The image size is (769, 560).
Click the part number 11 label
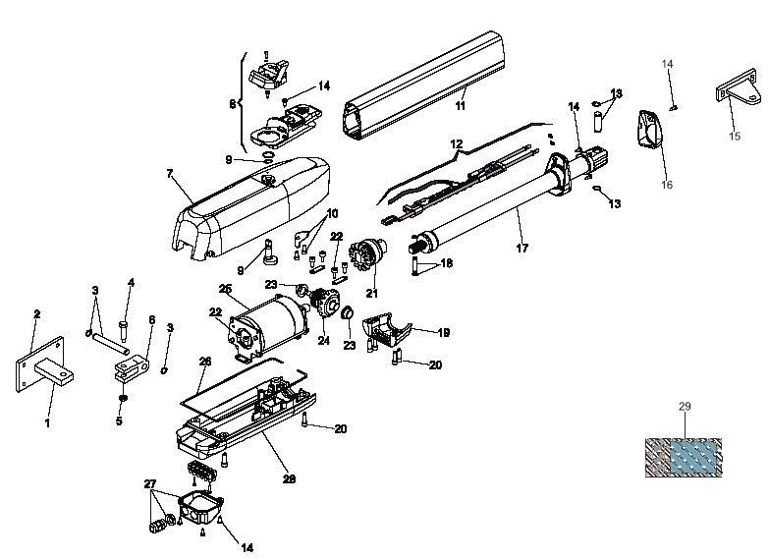(x=460, y=105)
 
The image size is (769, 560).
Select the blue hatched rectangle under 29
(x=694, y=457)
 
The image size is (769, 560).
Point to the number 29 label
(x=685, y=407)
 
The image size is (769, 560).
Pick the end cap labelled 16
(x=649, y=129)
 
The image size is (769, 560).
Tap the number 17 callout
(x=522, y=249)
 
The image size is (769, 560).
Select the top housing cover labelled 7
(x=251, y=207)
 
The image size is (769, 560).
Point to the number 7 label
(x=170, y=174)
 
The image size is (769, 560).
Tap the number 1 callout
(x=47, y=422)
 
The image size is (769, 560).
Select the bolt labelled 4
(x=123, y=331)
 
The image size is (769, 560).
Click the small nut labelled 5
(x=123, y=397)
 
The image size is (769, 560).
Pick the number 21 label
(x=372, y=293)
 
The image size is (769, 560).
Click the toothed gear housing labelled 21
(x=367, y=253)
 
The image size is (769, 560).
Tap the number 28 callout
(x=289, y=479)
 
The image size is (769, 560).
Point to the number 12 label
(x=456, y=144)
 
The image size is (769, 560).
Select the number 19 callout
(x=443, y=333)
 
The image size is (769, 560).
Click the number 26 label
(x=205, y=362)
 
